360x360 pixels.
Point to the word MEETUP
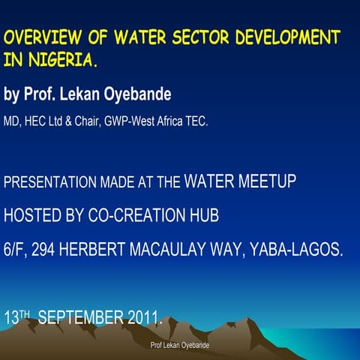(264, 181)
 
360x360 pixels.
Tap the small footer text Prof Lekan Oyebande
(179, 345)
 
